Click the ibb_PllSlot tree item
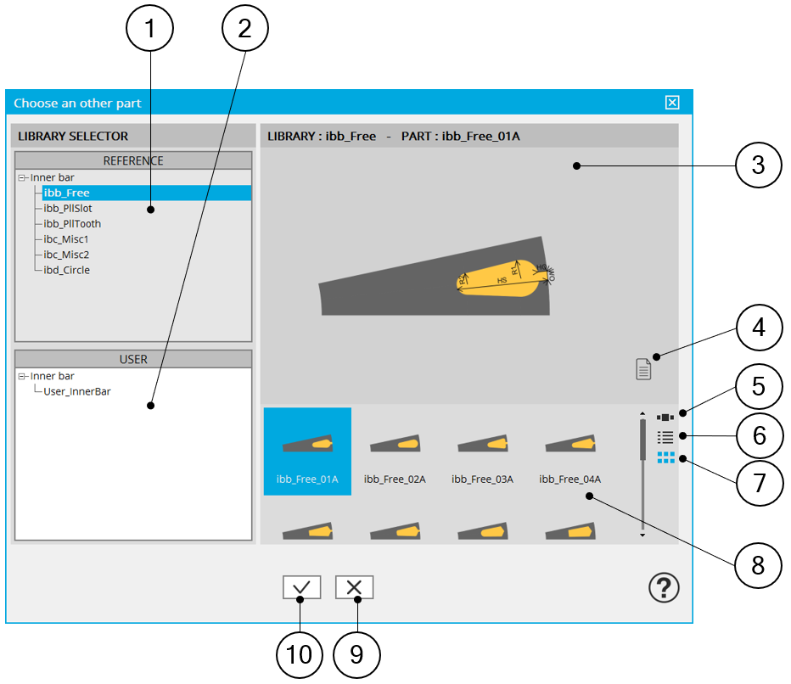pyautogui.click(x=68, y=209)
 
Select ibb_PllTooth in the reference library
pyautogui.click(x=72, y=224)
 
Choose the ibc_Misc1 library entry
pyautogui.click(x=66, y=239)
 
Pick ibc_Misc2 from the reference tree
pyautogui.click(x=66, y=255)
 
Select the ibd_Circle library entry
pyautogui.click(x=66, y=270)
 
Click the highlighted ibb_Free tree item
pyautogui.click(x=66, y=193)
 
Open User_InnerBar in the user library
pyautogui.click(x=77, y=391)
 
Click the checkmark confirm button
pyautogui.click(x=302, y=587)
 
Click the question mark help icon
pyautogui.click(x=664, y=587)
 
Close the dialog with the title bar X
pyautogui.click(x=672, y=103)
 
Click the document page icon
pyautogui.click(x=644, y=368)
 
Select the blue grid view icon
pyautogui.click(x=665, y=457)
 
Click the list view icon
pyautogui.click(x=665, y=437)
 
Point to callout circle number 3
pyautogui.click(x=757, y=165)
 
